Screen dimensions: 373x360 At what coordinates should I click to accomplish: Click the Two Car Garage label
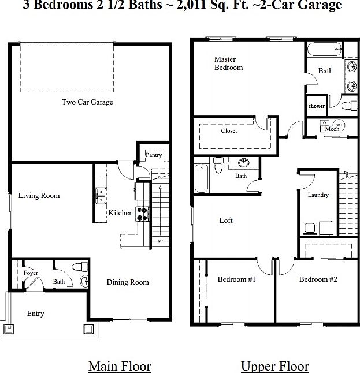(87, 102)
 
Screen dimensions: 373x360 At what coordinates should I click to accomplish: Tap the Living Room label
(39, 196)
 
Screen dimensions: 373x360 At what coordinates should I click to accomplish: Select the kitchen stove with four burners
(141, 212)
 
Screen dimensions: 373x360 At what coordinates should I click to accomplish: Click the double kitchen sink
(101, 195)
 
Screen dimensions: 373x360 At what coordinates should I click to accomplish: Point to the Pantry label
(153, 155)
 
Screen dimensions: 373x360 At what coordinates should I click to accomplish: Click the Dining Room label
(128, 282)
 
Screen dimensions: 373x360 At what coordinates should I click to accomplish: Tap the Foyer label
(31, 273)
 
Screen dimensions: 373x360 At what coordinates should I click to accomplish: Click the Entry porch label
(35, 314)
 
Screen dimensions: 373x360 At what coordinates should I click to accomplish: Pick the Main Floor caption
(120, 366)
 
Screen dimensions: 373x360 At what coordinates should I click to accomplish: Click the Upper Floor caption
(274, 366)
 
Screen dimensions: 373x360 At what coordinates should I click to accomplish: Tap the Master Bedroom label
(228, 64)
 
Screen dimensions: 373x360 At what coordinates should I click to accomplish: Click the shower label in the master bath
(316, 106)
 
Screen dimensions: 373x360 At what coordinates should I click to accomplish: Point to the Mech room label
(332, 129)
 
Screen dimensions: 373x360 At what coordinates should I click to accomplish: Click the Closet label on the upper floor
(229, 131)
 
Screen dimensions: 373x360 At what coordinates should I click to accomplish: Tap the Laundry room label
(318, 195)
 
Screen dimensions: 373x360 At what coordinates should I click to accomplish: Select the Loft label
(226, 221)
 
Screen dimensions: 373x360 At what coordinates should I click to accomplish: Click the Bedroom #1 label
(236, 279)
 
